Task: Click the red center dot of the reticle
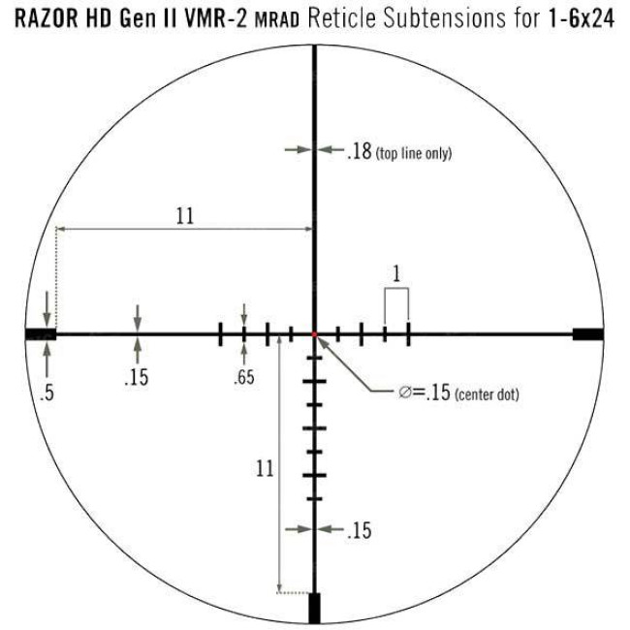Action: point(314,334)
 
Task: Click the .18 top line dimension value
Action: point(359,151)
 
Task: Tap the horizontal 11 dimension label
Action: point(185,215)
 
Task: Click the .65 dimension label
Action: point(243,378)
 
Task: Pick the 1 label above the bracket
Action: point(395,273)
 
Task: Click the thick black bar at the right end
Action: point(587,333)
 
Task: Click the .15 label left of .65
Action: point(137,378)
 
